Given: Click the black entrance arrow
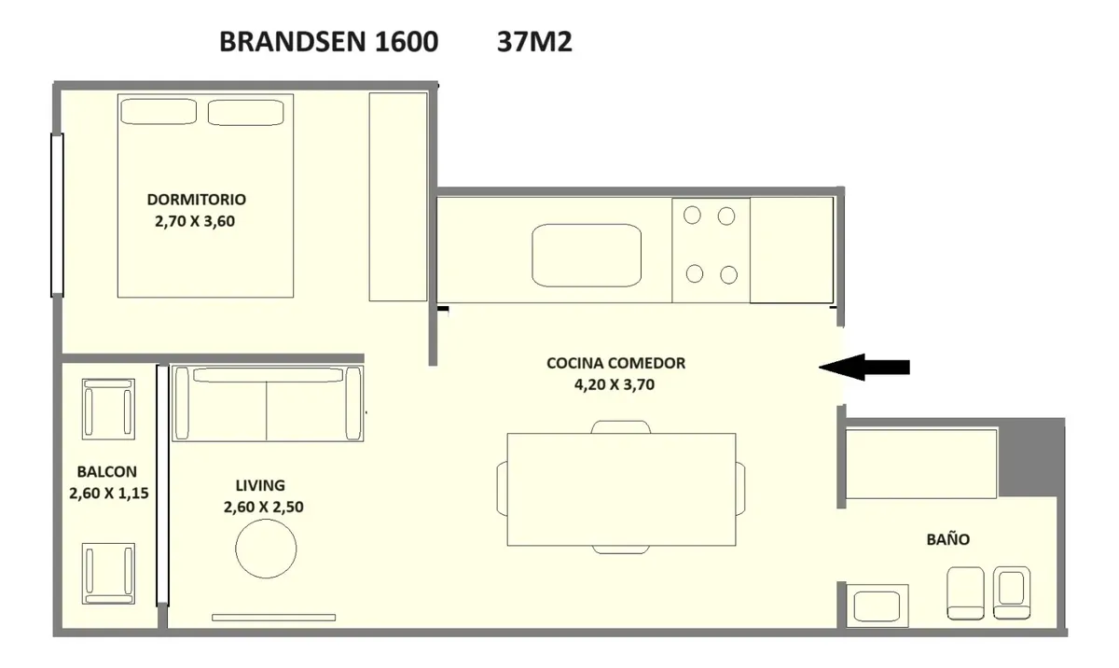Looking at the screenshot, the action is pos(864,368).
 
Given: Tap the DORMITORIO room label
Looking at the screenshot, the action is pos(197,200).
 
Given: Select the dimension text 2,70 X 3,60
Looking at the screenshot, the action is pos(195,221).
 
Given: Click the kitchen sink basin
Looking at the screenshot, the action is pos(587,256).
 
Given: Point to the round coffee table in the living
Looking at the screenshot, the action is pos(266,549).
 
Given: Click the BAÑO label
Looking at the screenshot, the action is pos(948,539).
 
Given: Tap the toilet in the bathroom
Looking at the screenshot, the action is pos(965,593).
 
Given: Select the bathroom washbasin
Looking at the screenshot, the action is pos(877,605).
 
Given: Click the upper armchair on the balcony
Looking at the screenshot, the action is pos(108,410).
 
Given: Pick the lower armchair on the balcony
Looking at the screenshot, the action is pos(108,574).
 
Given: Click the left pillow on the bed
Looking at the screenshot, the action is pos(159,111).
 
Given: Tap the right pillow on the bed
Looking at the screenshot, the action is pos(246,112).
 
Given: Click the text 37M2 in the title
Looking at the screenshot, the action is pos(534,41).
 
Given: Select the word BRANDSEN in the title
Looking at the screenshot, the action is pos(292,41).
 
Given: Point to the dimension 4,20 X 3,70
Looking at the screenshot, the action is pos(615,384).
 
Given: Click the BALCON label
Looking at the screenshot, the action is pos(107,472).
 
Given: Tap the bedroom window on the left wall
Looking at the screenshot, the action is pos(57,215).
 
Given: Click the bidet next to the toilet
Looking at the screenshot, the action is pos(1012,592).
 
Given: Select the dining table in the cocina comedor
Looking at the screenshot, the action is pos(621,489).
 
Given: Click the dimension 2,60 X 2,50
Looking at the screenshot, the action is pos(263,507).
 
